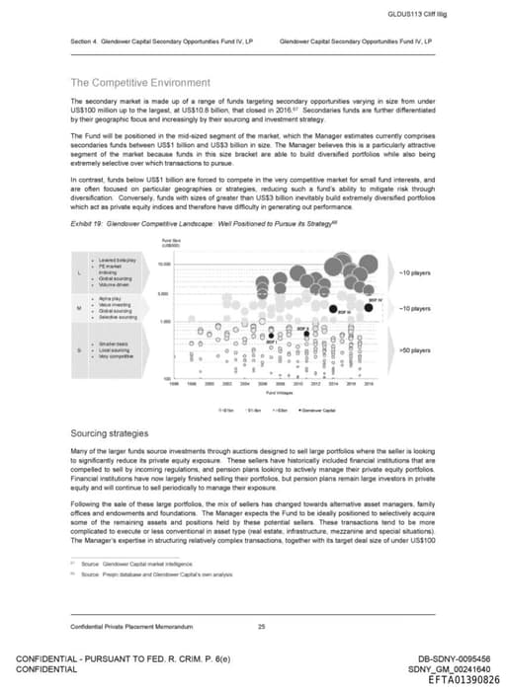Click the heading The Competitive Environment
pyautogui.click(x=139, y=82)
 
